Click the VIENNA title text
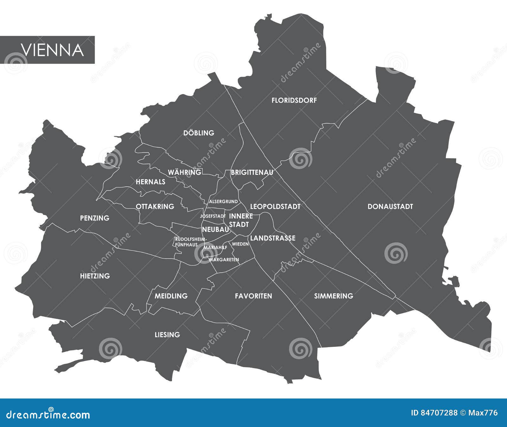click(x=52, y=50)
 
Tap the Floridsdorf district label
click(x=294, y=100)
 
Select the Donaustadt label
click(x=390, y=207)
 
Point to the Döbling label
click(x=199, y=133)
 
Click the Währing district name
click(x=184, y=172)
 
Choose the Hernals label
click(x=151, y=182)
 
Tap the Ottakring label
click(x=155, y=207)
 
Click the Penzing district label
click(x=94, y=218)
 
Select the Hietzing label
click(x=95, y=276)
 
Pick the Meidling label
click(x=171, y=296)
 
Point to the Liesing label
click(x=167, y=335)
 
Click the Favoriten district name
click(x=253, y=296)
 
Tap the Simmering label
click(x=333, y=296)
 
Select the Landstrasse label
click(x=273, y=238)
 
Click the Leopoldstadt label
click(x=275, y=207)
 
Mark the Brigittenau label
click(x=252, y=173)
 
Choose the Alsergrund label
click(x=223, y=201)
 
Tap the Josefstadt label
click(x=213, y=216)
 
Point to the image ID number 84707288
click(x=439, y=413)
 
